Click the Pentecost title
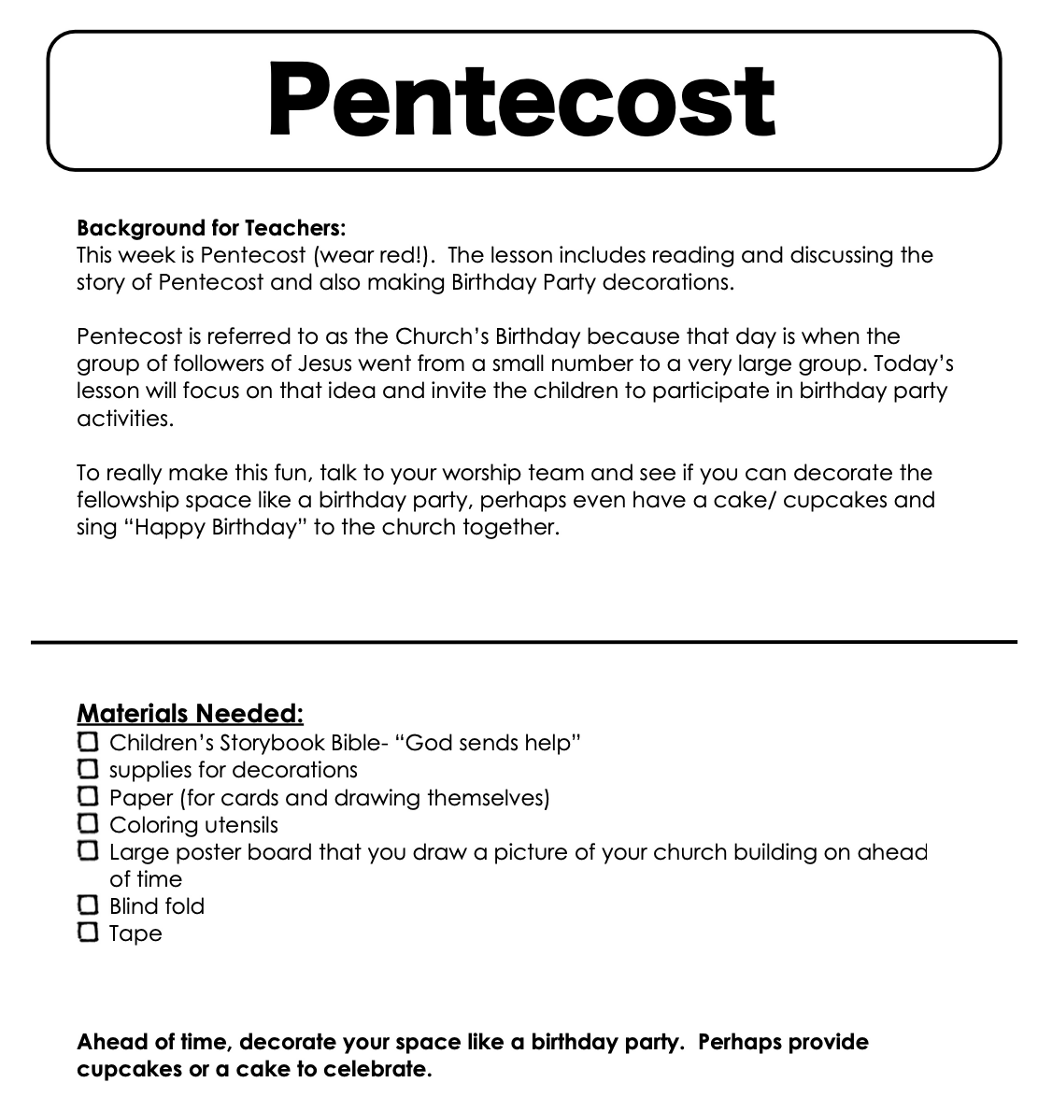click(521, 99)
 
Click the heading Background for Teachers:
click(211, 228)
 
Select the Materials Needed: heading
click(190, 714)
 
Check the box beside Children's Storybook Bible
click(88, 742)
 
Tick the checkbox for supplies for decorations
click(88, 769)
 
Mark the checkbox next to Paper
click(88, 796)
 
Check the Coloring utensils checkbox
click(88, 823)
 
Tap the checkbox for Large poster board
click(88, 850)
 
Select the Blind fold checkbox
click(88, 905)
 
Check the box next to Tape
click(88, 932)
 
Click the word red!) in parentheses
click(407, 255)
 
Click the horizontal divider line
click(523, 642)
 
